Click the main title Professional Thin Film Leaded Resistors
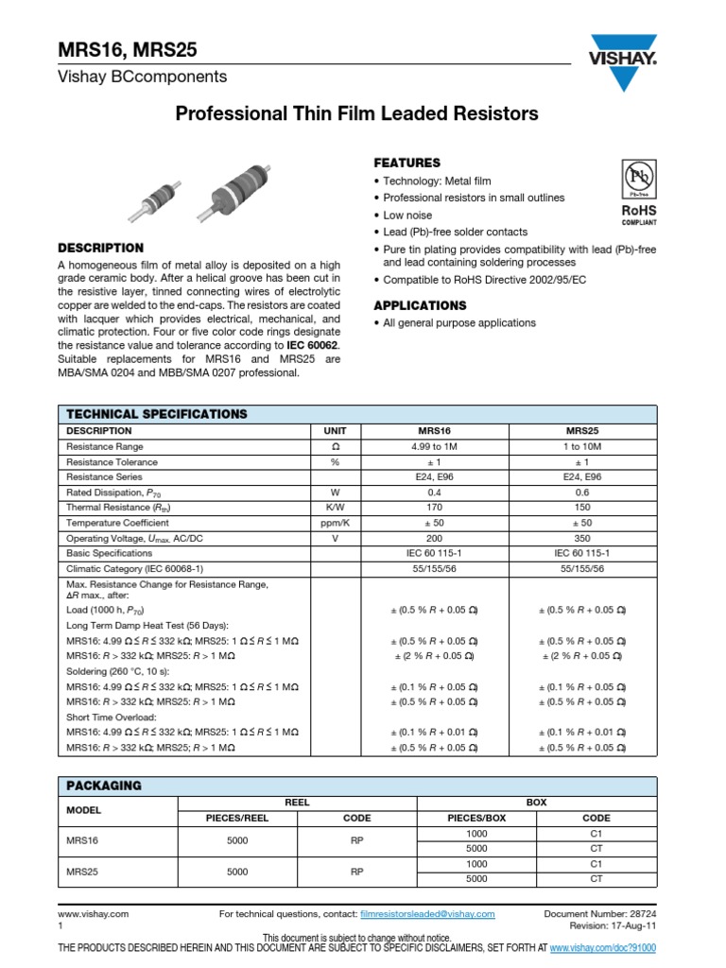pyautogui.click(x=357, y=114)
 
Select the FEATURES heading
pyautogui.click(x=406, y=163)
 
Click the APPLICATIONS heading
pyautogui.click(x=420, y=305)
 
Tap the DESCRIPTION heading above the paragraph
pyautogui.click(x=101, y=248)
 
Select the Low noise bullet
pyautogui.click(x=407, y=215)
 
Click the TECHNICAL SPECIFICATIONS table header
pyautogui.click(x=156, y=414)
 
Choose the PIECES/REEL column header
pyautogui.click(x=237, y=818)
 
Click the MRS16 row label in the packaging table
pyautogui.click(x=80, y=841)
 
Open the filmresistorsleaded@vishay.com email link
pyautogui.click(x=427, y=914)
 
